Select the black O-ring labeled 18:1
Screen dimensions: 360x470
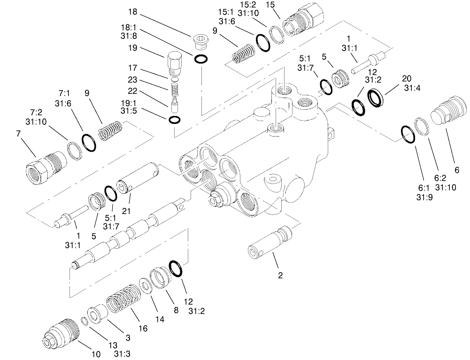201,59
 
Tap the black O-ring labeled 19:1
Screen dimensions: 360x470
174,119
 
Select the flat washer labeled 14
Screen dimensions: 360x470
146,286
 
